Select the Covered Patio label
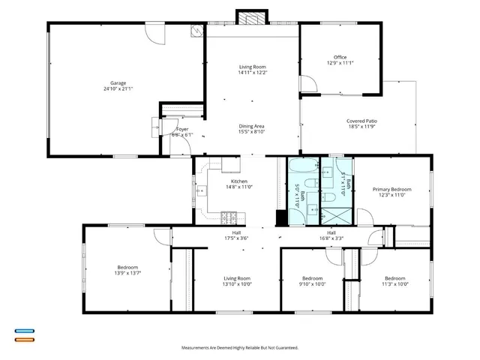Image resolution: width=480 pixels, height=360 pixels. point(361,121)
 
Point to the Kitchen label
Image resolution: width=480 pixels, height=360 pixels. point(238,181)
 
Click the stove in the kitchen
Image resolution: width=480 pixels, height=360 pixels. point(229,218)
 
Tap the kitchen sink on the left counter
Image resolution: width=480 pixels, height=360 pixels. point(200,191)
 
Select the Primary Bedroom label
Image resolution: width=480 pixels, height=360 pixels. point(392,189)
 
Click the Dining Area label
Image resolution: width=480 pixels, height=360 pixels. point(251,126)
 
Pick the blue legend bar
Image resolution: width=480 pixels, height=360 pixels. point(24,330)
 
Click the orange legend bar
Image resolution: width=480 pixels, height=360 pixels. point(24,340)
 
